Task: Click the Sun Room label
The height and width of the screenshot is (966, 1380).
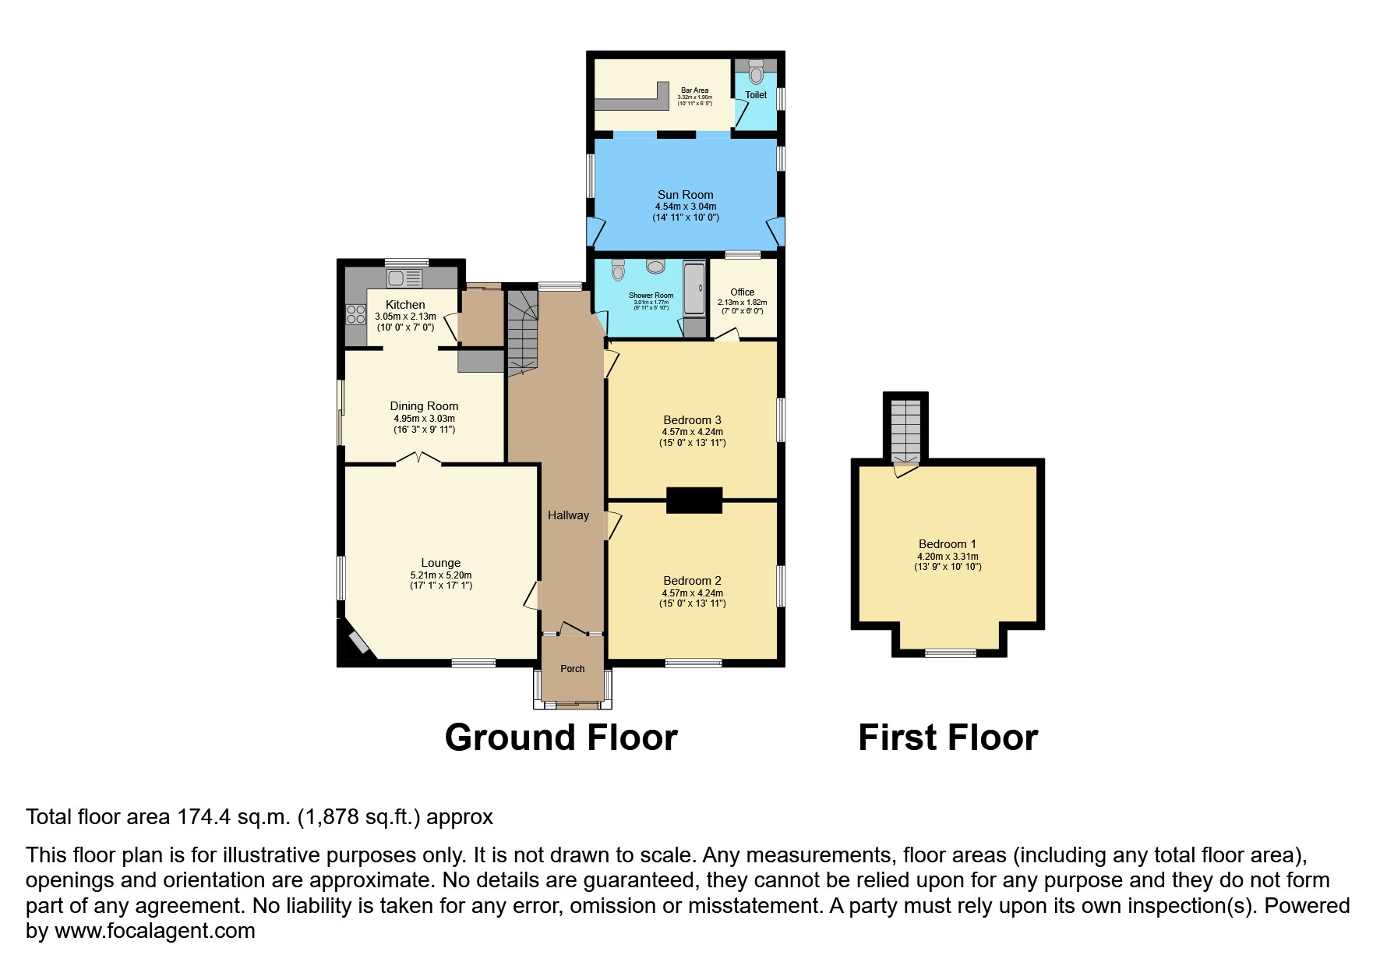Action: (x=685, y=195)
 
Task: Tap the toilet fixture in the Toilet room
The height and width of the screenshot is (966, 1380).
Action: (x=754, y=73)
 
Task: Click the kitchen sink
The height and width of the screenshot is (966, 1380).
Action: (x=404, y=277)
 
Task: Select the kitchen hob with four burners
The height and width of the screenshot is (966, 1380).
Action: (x=356, y=314)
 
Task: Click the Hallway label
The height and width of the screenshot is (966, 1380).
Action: (x=568, y=515)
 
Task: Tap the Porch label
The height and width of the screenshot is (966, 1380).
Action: (x=573, y=669)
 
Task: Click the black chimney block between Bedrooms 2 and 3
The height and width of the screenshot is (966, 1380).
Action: (x=694, y=501)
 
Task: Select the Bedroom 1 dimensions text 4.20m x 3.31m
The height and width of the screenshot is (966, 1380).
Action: (x=948, y=557)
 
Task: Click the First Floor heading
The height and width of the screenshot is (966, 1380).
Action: (x=948, y=738)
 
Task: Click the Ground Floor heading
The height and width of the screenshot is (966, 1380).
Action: (x=561, y=738)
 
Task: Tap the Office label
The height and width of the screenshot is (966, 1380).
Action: (x=742, y=292)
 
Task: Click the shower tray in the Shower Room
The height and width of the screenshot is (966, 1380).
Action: (x=694, y=290)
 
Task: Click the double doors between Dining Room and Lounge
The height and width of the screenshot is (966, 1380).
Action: (x=418, y=460)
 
